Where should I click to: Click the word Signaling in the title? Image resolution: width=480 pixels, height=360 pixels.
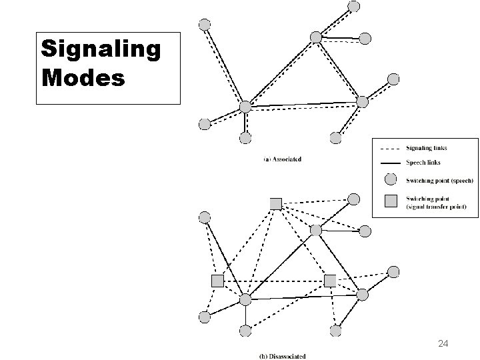[101, 49]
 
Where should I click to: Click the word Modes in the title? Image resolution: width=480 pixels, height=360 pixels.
[83, 77]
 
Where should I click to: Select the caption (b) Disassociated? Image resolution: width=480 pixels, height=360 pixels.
[284, 355]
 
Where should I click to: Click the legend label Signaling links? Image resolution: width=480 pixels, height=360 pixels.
[427, 149]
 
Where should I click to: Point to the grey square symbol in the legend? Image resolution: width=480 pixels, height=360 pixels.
[391, 199]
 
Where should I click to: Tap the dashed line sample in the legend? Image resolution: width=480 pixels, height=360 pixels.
[391, 149]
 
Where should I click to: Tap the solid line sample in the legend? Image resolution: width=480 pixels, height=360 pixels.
[391, 163]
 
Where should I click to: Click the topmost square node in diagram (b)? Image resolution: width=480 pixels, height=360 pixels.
[275, 203]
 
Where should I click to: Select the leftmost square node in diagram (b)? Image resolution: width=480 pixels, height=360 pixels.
[217, 281]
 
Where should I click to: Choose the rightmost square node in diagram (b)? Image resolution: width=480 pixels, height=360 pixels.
[330, 281]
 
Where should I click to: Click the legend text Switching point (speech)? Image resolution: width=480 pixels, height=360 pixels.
[439, 180]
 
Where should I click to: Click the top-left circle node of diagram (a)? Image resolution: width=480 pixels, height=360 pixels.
[205, 24]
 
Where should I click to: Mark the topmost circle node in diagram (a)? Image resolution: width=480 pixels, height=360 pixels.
[354, 5]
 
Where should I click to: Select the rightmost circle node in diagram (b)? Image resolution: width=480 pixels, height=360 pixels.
[393, 271]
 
